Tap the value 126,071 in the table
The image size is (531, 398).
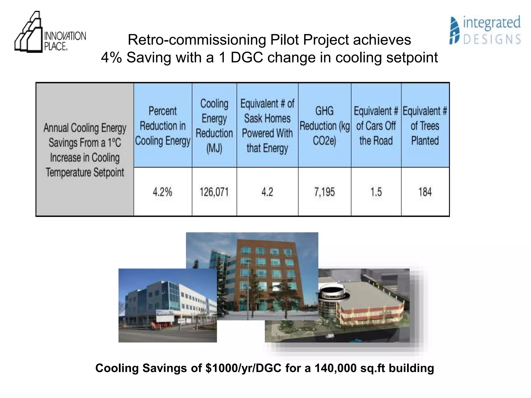click(x=214, y=192)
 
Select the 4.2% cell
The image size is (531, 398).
click(x=163, y=192)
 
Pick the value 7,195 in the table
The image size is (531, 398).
click(x=324, y=192)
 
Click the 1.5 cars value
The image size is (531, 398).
click(x=376, y=192)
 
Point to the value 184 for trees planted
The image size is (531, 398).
click(x=425, y=192)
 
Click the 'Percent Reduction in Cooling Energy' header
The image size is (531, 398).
click(x=163, y=126)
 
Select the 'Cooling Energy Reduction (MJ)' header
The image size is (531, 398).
click(x=214, y=126)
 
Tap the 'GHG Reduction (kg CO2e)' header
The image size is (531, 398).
click(x=324, y=126)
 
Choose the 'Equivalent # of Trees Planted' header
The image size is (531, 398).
click(x=425, y=126)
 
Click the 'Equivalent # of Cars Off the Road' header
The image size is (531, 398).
click(x=376, y=126)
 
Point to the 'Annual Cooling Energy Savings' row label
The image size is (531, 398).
click(x=85, y=150)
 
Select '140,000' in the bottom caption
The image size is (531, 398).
click(x=336, y=368)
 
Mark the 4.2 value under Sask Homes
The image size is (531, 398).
click(x=267, y=192)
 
